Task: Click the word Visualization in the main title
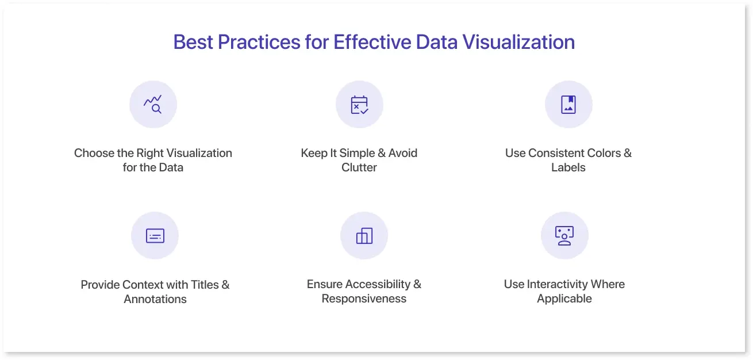click(518, 42)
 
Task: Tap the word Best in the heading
click(193, 42)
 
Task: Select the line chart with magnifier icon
click(153, 104)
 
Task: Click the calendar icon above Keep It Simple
click(359, 105)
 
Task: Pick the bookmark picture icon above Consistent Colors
click(568, 104)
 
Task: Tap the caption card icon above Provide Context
click(155, 236)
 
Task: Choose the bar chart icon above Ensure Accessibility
click(364, 236)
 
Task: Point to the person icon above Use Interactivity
click(564, 236)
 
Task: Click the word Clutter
click(359, 167)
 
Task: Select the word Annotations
click(155, 299)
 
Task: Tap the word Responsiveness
click(364, 298)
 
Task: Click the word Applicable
click(564, 298)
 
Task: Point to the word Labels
click(568, 167)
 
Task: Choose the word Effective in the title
click(372, 42)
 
